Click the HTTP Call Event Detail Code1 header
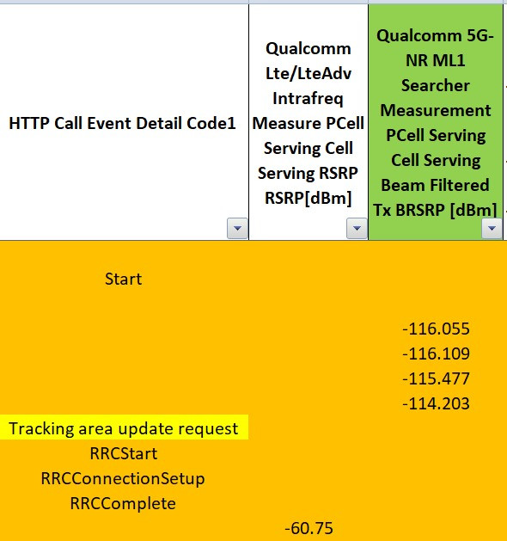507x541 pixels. [x=122, y=123]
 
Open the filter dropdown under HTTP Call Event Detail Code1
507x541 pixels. [x=237, y=228]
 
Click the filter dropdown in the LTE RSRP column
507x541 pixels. [x=357, y=228]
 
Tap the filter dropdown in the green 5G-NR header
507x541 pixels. [x=492, y=228]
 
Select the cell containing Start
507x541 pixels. [x=124, y=279]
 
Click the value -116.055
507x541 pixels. [x=436, y=329]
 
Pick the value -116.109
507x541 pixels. [x=436, y=353]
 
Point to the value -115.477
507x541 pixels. [x=436, y=378]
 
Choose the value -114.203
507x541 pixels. [x=436, y=403]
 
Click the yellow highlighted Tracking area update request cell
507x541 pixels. [x=124, y=427]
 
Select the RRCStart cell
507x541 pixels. [x=124, y=453]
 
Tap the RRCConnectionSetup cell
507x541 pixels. [x=123, y=479]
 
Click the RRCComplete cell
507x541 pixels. [x=123, y=504]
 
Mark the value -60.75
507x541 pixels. [x=308, y=528]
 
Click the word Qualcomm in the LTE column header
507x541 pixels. [x=308, y=49]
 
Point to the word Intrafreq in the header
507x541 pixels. [x=308, y=98]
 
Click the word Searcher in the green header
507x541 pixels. [x=436, y=85]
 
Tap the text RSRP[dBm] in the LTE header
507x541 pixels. [x=308, y=198]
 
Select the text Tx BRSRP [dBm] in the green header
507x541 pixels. [x=436, y=210]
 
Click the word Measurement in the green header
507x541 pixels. [x=436, y=110]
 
